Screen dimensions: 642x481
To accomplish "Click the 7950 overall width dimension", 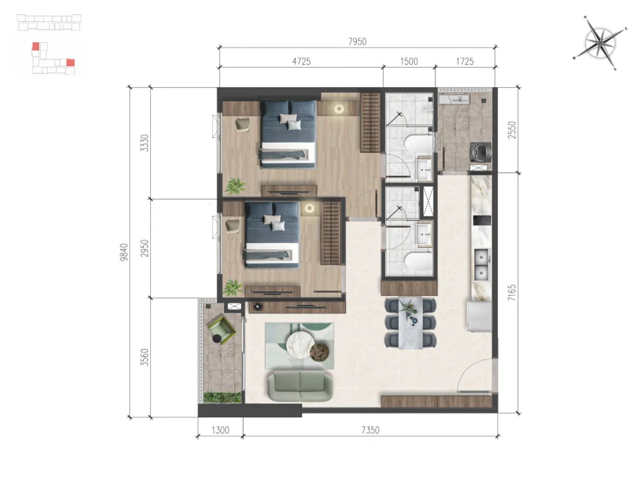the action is [x=357, y=42].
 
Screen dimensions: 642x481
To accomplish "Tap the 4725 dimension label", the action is [x=301, y=61].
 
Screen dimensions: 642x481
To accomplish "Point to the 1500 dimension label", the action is [x=409, y=61].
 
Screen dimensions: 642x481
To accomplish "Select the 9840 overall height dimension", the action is [x=124, y=252].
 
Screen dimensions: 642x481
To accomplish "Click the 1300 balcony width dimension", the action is [x=220, y=430].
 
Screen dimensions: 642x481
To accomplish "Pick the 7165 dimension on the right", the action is [x=511, y=293].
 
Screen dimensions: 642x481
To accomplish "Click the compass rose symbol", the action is [x=600, y=43].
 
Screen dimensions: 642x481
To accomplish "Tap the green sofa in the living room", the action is [x=300, y=386].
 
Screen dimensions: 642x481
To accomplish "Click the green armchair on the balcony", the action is [x=221, y=329].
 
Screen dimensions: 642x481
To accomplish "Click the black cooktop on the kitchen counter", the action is [x=482, y=220].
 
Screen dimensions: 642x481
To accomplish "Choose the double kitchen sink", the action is [x=481, y=265].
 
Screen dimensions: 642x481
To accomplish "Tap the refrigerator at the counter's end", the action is [x=479, y=316].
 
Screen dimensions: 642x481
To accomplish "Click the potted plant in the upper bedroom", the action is [x=235, y=186].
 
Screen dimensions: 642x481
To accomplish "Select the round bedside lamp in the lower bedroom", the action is [x=309, y=208].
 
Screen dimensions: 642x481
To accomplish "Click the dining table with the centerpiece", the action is [x=410, y=323].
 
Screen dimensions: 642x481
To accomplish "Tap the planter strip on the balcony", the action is [x=222, y=398].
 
